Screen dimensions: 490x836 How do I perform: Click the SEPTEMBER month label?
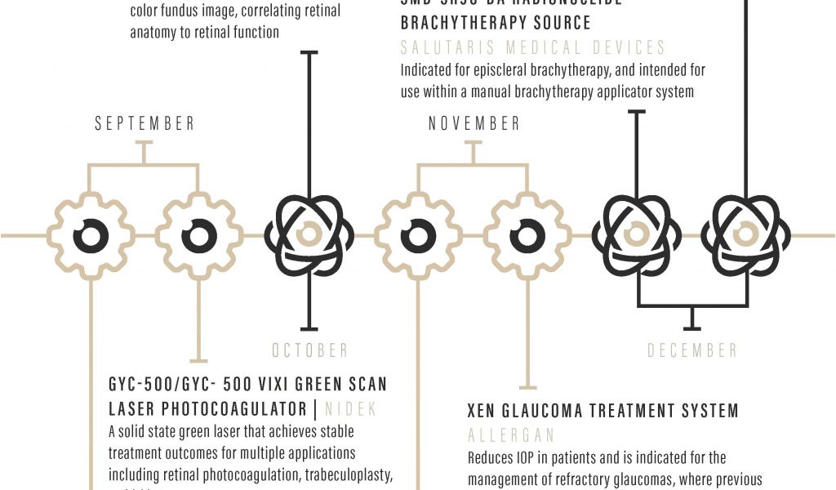(145, 124)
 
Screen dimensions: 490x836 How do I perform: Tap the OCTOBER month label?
(310, 350)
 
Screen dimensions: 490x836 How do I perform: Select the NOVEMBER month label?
(474, 124)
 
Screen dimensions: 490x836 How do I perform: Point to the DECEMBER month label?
(692, 350)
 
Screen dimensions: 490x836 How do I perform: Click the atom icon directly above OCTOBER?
(308, 235)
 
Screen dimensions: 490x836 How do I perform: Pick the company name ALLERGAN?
(511, 434)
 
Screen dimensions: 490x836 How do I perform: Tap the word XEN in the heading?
(486, 410)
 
